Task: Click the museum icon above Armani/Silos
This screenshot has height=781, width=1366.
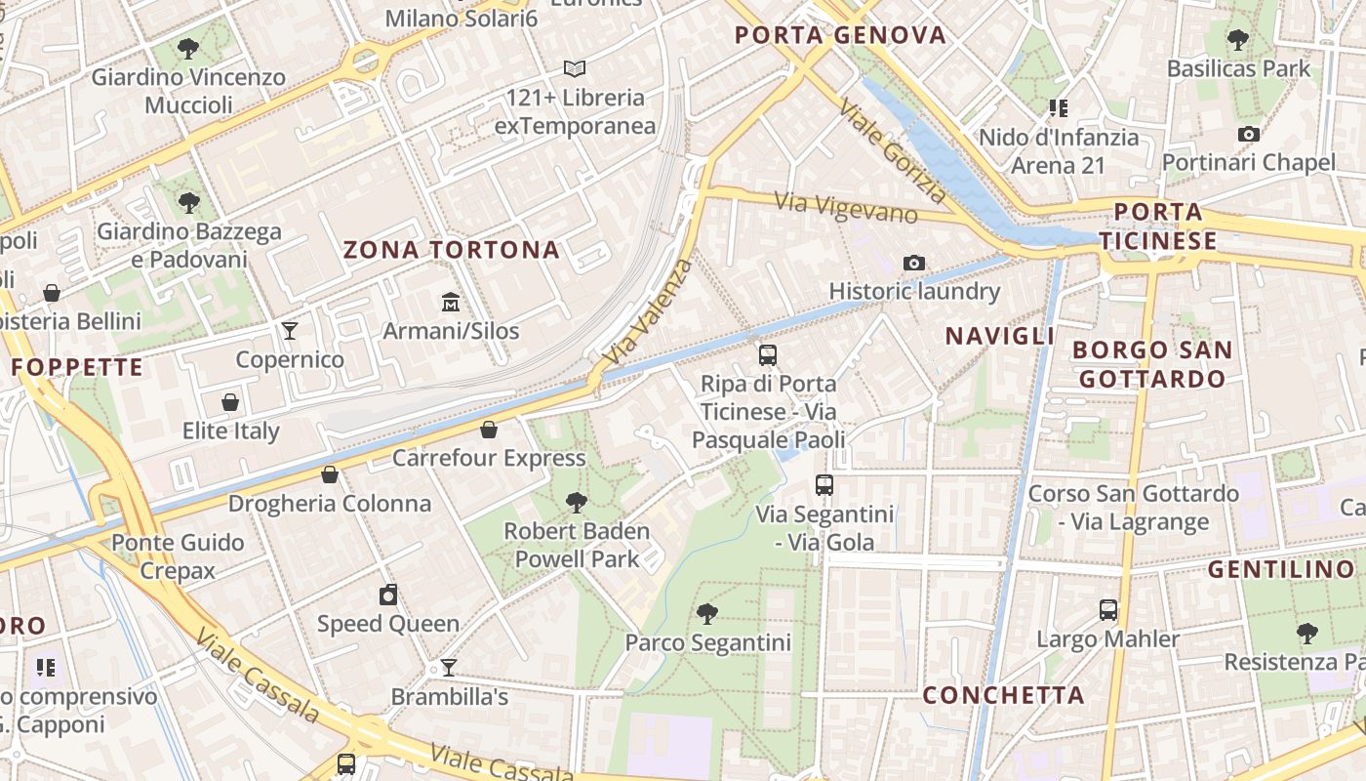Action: pyautogui.click(x=450, y=301)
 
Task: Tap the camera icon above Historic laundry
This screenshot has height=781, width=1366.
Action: pyautogui.click(x=914, y=262)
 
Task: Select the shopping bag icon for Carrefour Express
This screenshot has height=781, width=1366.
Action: pyautogui.click(x=489, y=429)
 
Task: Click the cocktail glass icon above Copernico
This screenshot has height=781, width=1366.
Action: pyautogui.click(x=290, y=330)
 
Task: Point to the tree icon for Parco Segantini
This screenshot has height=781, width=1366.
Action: pyautogui.click(x=707, y=613)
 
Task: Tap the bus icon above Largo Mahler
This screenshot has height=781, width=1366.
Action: pyautogui.click(x=1108, y=610)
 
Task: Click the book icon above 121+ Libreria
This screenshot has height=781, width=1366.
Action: pyautogui.click(x=575, y=68)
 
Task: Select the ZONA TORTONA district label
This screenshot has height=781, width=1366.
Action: pyautogui.click(x=452, y=250)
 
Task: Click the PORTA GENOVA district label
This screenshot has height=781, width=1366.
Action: pyautogui.click(x=840, y=35)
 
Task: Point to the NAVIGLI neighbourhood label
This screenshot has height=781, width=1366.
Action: pyautogui.click(x=1000, y=336)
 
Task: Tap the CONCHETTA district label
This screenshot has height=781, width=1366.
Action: pyautogui.click(x=1003, y=695)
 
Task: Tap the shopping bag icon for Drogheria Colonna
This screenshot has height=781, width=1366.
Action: pyautogui.click(x=330, y=474)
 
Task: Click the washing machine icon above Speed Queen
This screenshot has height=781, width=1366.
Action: pyautogui.click(x=388, y=595)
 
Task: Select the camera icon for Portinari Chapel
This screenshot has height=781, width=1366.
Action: pyautogui.click(x=1248, y=134)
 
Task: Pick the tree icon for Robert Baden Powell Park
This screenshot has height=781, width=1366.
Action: pyautogui.click(x=577, y=502)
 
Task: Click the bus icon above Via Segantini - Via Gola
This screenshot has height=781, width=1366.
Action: pyautogui.click(x=824, y=484)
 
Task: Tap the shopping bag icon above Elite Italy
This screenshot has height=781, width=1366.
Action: pyautogui.click(x=230, y=401)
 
